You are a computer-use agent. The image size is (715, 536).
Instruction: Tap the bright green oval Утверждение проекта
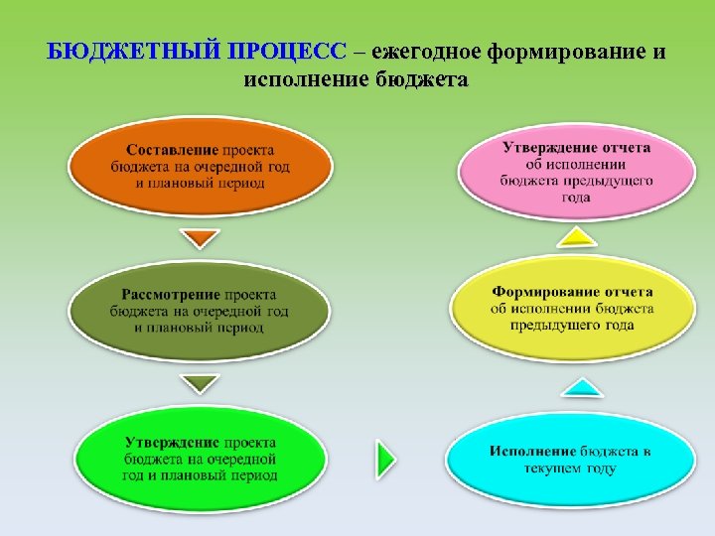[201, 458]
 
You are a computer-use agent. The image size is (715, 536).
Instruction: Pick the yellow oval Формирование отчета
[572, 308]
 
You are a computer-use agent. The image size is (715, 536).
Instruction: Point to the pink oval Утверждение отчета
[575, 169]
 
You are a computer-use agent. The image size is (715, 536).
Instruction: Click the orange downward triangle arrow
[202, 239]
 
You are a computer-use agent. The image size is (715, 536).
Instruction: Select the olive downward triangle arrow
[201, 382]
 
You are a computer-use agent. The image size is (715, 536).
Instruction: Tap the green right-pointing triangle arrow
[385, 459]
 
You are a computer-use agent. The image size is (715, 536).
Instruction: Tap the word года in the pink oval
[576, 197]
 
